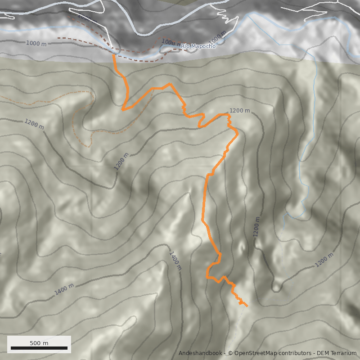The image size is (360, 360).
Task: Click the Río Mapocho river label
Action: point(198,46)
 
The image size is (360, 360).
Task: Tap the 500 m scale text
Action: point(39,343)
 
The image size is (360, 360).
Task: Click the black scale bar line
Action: point(39,348)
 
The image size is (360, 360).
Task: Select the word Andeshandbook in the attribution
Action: point(200,353)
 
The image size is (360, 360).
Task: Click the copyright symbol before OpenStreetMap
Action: point(230,353)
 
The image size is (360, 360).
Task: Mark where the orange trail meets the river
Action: point(113,54)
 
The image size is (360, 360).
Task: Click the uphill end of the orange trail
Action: point(247,306)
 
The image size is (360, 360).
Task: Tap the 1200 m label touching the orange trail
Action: point(239,111)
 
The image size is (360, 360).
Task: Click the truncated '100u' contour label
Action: point(168,42)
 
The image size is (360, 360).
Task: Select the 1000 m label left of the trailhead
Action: point(36,43)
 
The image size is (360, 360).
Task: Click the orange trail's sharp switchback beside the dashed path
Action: point(122,109)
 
